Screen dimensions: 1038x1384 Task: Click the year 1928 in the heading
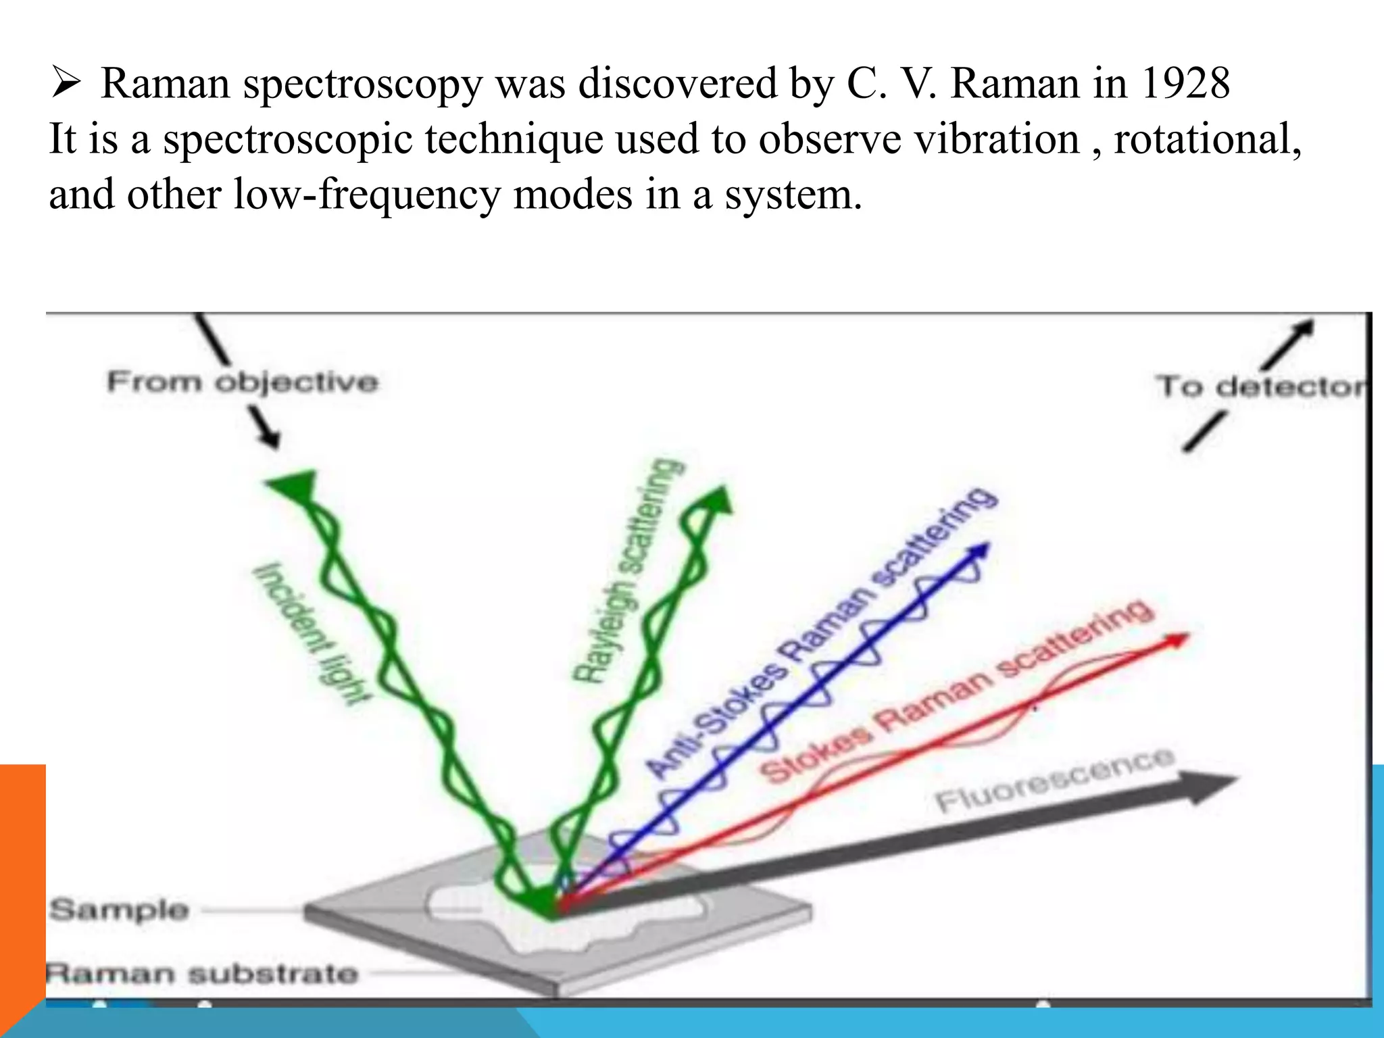coord(1185,84)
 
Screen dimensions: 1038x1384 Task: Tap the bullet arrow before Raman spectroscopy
coord(66,84)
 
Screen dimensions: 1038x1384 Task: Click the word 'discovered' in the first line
coord(678,84)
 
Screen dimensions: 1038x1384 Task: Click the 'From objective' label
coord(242,382)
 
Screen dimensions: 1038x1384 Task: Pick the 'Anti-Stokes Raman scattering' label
coord(821,632)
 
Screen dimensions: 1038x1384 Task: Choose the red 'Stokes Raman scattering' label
coord(956,693)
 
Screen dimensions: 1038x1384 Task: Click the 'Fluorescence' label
coord(1054,781)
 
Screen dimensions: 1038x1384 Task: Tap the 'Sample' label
coord(119,910)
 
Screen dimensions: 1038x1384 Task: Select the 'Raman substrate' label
coord(201,974)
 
